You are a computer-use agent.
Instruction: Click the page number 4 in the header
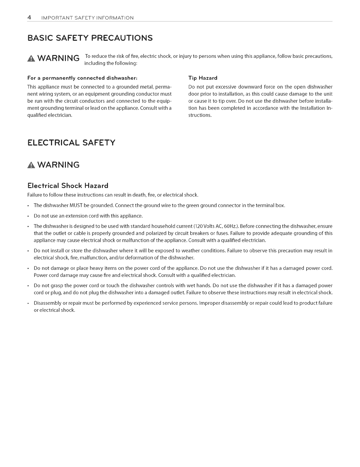pyautogui.click(x=29, y=17)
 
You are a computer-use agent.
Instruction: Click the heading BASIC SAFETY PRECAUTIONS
pyautogui.click(x=90, y=38)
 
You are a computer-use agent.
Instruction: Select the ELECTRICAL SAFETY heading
pyautogui.click(x=71, y=143)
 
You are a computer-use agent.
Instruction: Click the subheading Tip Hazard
pyautogui.click(x=203, y=78)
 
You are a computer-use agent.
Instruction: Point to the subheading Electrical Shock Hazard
pyautogui.click(x=68, y=186)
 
